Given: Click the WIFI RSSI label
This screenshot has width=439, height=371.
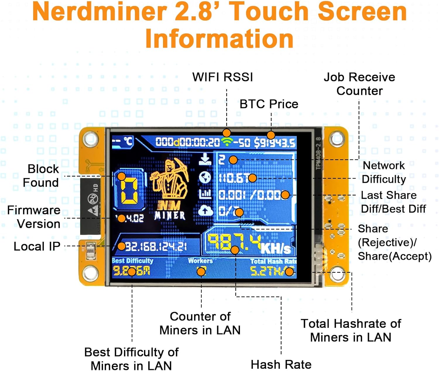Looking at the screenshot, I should point(222,77).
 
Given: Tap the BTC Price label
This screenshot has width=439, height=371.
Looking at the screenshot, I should point(269,104).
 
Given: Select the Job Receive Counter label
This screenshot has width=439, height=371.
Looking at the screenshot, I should point(359,84).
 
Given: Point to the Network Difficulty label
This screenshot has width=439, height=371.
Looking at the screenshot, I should point(384,172).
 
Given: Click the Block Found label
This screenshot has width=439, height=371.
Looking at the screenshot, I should point(42,176).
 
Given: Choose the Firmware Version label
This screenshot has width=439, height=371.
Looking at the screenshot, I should point(34,217).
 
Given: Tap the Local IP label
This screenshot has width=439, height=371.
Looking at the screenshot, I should point(37,246).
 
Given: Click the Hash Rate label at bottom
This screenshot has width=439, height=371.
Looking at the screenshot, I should point(281,365).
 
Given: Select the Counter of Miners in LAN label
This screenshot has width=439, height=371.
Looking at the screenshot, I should point(200,323).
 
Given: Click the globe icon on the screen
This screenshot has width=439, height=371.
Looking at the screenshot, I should point(205,177).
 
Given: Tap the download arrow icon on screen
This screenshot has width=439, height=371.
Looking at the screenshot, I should point(205,160).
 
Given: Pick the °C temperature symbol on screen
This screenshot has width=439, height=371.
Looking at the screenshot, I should point(128,142).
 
